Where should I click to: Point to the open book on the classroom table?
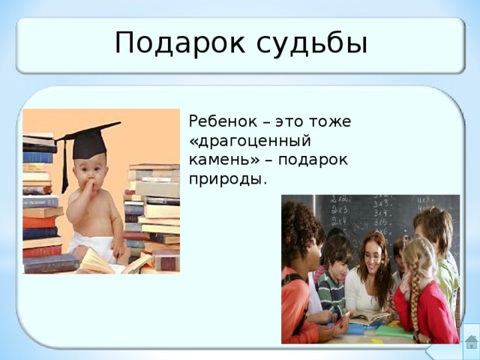point(368,319)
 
